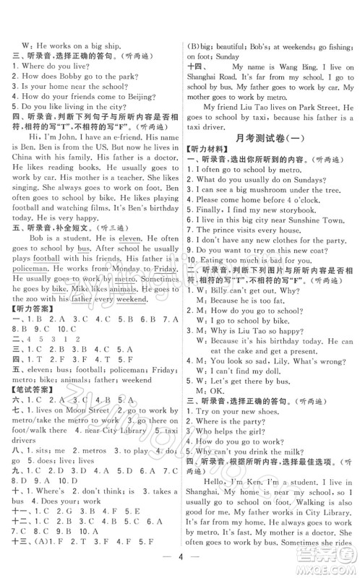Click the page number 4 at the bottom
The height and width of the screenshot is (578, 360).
(180, 561)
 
